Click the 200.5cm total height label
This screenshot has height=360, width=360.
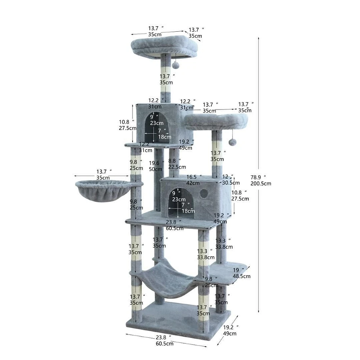(x=261, y=184)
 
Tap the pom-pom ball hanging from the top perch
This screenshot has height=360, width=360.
(x=176, y=65)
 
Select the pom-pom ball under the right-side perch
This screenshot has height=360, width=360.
(x=232, y=142)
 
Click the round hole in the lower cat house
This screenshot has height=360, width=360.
(x=203, y=193)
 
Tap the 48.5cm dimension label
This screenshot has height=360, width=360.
(x=242, y=276)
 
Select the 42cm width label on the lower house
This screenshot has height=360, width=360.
(x=193, y=183)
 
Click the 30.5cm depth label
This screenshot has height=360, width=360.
(x=231, y=183)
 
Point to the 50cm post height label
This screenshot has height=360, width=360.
(x=156, y=169)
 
